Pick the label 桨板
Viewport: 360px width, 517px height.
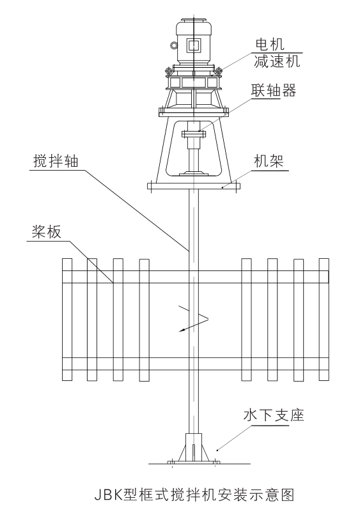click(46, 231)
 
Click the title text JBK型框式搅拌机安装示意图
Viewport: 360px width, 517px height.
click(180, 494)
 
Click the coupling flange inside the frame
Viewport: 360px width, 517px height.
click(192, 134)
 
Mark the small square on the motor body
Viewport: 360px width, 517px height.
click(192, 45)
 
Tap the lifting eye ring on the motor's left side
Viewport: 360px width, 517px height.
click(173, 45)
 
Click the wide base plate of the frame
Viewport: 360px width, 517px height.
click(192, 187)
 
